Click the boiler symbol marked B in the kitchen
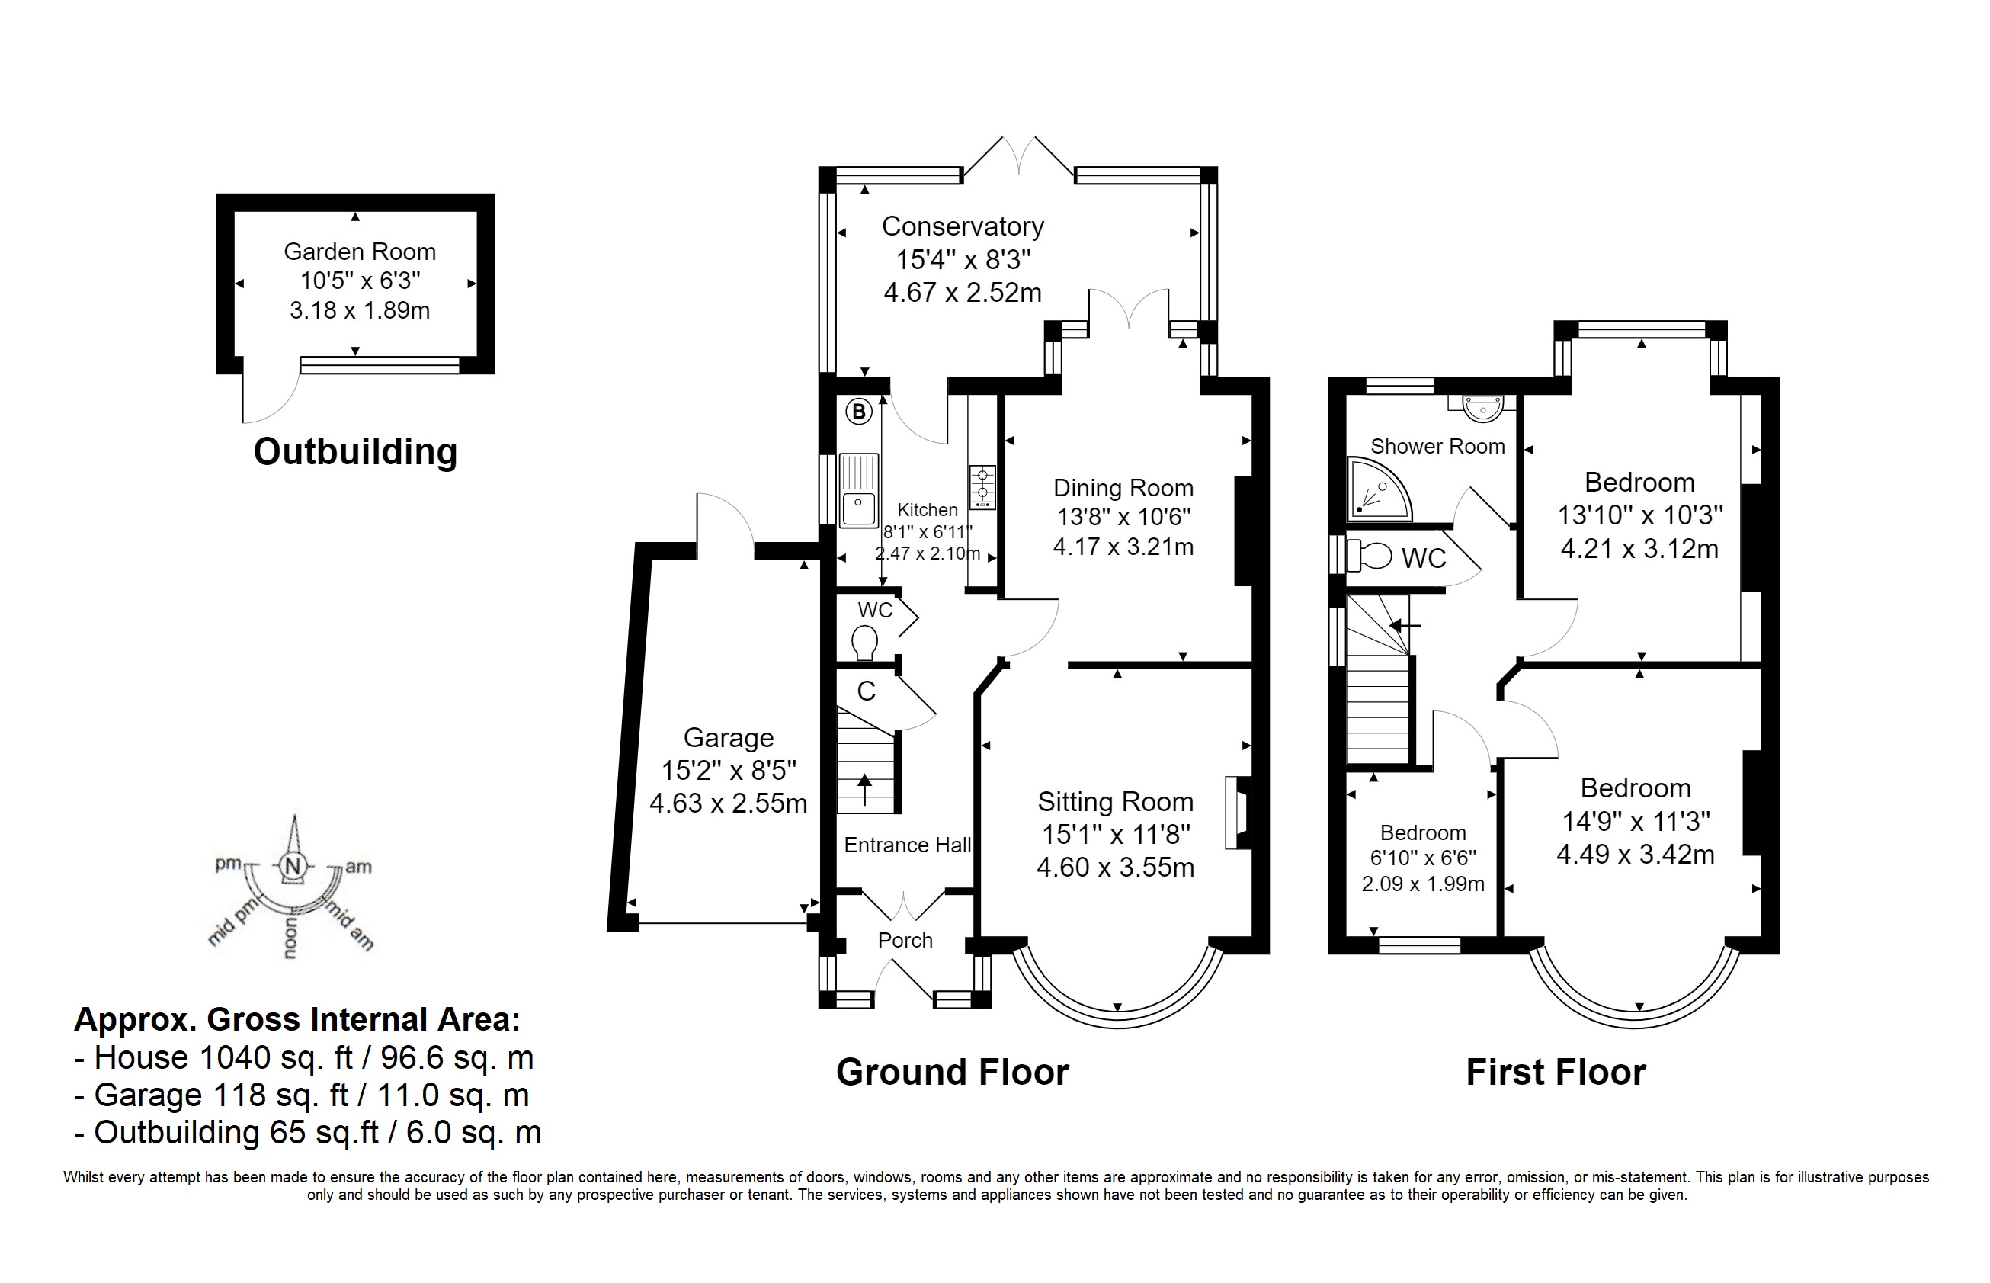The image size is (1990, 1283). click(x=858, y=411)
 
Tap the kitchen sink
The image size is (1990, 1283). click(x=859, y=490)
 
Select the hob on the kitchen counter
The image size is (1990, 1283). click(x=983, y=486)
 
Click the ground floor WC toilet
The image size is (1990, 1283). click(x=864, y=643)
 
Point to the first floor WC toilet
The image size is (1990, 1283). click(x=1367, y=557)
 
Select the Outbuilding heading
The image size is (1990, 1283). click(x=356, y=451)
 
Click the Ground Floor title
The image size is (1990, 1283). click(x=952, y=1073)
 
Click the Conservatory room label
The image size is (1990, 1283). click(x=963, y=226)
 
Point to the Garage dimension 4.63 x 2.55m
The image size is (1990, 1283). click(x=728, y=803)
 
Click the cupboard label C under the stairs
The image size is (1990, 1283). click(x=867, y=691)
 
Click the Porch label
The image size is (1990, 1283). click(x=905, y=940)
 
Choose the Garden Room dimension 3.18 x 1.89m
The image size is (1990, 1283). click(x=360, y=311)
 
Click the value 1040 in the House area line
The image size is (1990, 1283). click(x=236, y=1057)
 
